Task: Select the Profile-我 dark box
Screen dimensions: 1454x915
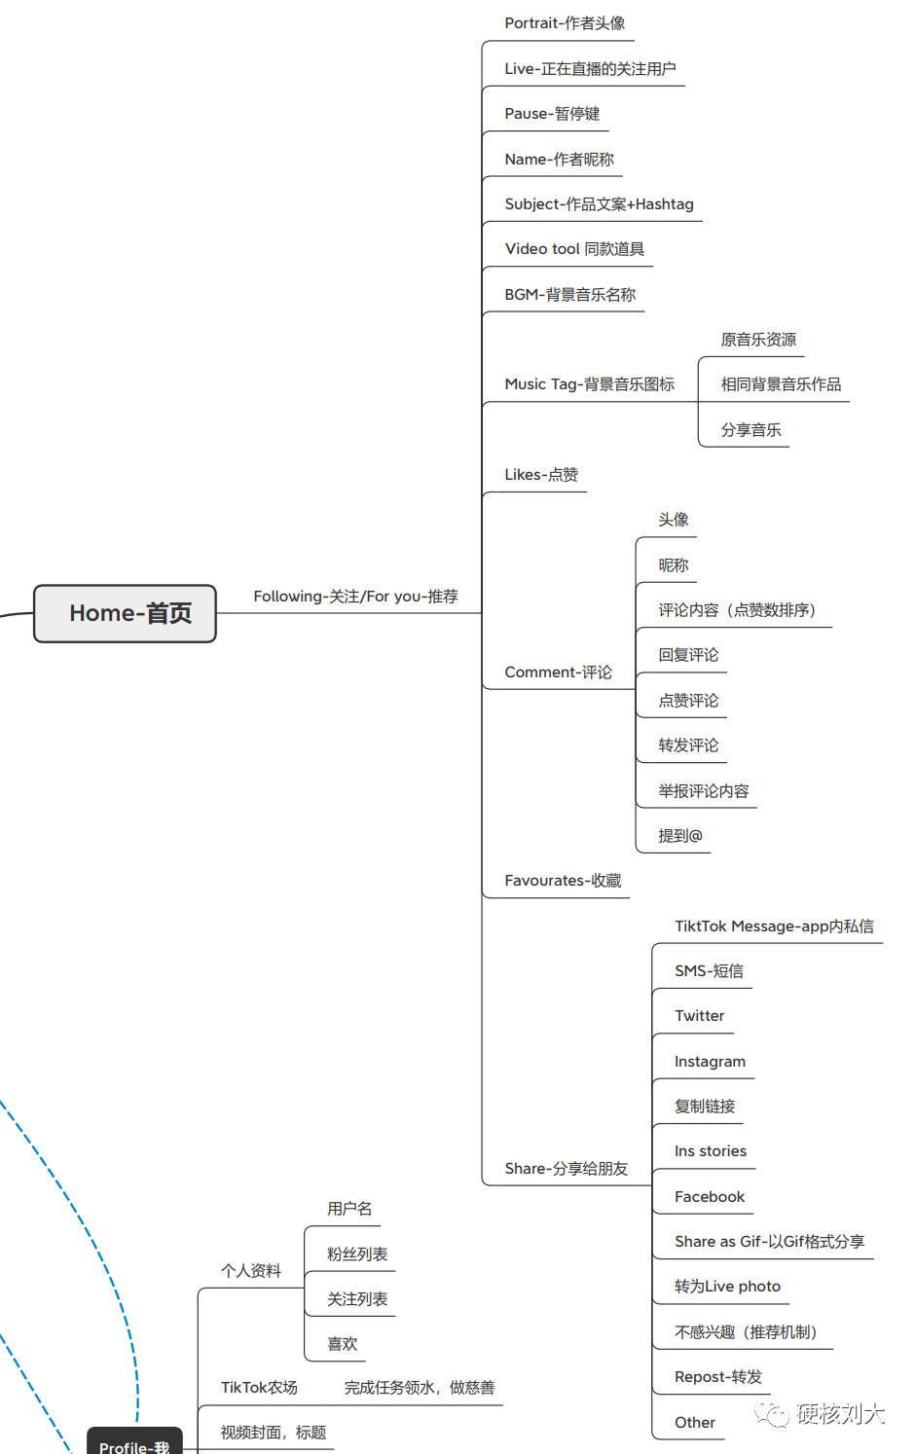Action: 134,1444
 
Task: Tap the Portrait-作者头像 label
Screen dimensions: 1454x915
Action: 565,23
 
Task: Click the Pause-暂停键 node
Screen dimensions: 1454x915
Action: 552,114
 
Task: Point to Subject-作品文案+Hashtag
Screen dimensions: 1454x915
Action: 599,204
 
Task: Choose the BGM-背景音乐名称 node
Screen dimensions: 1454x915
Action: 569,295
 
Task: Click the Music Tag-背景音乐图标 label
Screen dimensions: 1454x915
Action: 589,384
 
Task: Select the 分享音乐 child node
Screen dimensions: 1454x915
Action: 750,430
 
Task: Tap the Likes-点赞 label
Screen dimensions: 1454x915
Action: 541,475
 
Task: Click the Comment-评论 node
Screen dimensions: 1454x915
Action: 558,672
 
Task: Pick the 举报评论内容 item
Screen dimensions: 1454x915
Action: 703,791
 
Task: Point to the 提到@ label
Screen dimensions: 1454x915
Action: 679,836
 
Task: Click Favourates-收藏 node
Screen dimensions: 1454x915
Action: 563,881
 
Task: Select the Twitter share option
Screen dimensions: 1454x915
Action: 699,1016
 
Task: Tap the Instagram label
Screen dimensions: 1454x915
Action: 710,1062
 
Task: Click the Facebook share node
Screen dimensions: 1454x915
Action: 709,1197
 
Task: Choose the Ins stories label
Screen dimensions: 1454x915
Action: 710,1151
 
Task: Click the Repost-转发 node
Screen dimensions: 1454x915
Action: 717,1377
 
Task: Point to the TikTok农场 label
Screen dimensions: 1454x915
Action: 259,1388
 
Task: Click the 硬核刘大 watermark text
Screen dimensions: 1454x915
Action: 840,1414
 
